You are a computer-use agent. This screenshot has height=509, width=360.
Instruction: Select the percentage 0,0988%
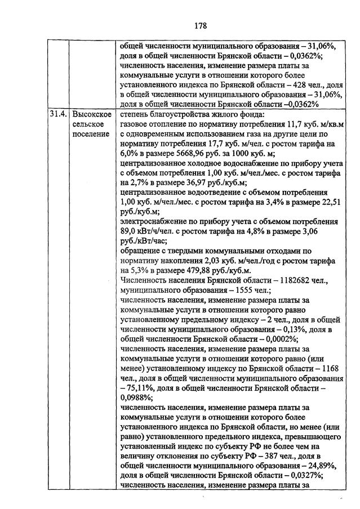pyautogui.click(x=136, y=398)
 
